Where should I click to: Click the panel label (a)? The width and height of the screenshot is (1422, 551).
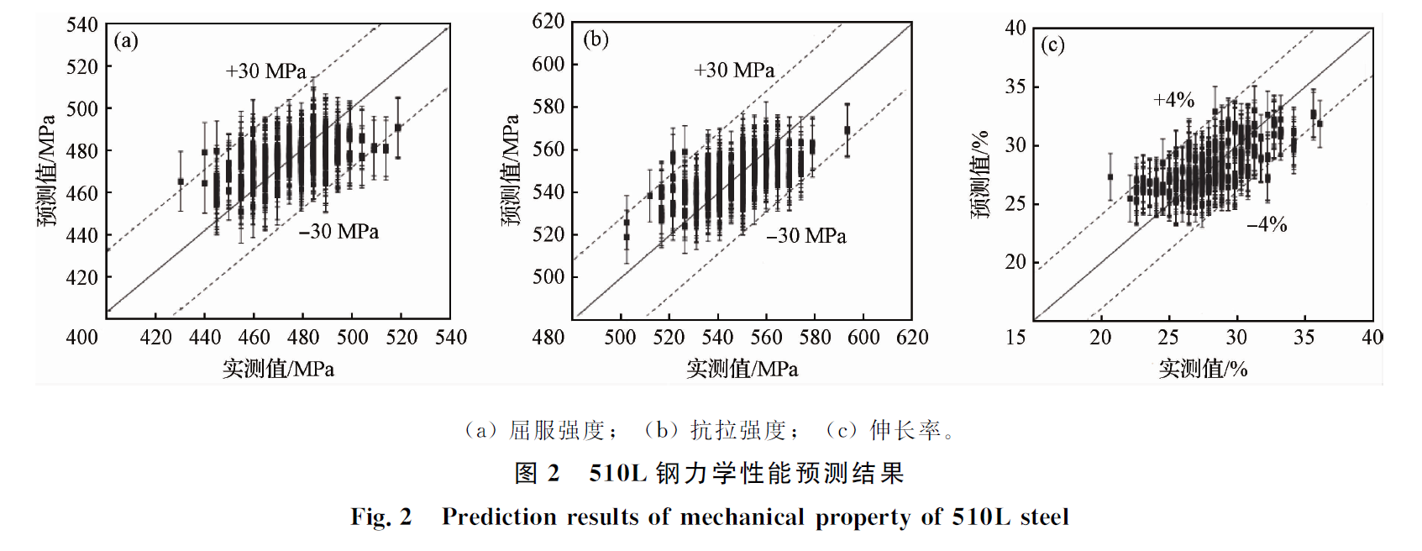(126, 41)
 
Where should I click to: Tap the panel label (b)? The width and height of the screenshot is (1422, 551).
(596, 39)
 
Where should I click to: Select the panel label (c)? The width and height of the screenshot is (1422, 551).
(1052, 45)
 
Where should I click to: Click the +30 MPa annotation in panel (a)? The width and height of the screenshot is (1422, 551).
(266, 71)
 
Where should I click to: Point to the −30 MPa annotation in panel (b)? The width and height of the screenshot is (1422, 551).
(806, 236)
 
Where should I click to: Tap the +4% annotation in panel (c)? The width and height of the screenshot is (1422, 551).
(1173, 100)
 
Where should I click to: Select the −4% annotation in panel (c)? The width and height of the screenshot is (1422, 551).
(1267, 224)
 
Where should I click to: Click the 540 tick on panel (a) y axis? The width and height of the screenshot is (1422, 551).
(82, 25)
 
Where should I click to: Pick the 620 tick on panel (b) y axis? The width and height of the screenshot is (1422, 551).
(548, 21)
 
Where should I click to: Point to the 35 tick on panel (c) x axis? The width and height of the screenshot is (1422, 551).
(1304, 338)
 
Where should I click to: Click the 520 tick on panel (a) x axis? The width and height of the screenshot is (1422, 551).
(401, 338)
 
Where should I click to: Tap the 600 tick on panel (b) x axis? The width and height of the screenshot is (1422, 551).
(863, 338)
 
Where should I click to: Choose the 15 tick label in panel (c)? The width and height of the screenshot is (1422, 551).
(1015, 338)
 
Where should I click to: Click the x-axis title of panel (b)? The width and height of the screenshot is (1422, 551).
(742, 369)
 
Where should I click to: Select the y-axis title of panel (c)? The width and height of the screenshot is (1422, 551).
(980, 175)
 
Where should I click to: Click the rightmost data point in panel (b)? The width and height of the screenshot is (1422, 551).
(847, 130)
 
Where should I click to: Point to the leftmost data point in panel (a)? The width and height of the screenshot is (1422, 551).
(181, 181)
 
